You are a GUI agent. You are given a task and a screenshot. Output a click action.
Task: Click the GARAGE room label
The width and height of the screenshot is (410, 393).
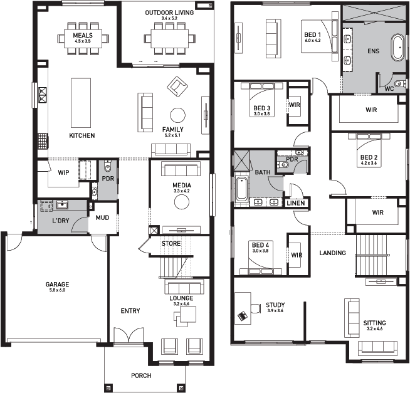(x=57, y=284)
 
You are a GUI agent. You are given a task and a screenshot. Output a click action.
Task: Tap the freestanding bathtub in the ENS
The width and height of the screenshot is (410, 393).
(x=397, y=48)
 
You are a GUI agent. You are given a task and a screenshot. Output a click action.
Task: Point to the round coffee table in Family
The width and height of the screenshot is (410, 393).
(x=178, y=115)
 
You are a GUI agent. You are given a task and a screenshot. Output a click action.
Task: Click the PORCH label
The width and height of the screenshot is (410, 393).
(x=141, y=375)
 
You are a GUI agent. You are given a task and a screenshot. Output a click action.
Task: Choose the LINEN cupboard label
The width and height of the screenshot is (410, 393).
(x=296, y=203)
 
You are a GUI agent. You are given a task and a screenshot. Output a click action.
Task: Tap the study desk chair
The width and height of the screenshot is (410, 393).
(x=255, y=308)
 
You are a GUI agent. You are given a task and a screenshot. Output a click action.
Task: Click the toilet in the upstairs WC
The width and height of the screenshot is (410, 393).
(x=399, y=83)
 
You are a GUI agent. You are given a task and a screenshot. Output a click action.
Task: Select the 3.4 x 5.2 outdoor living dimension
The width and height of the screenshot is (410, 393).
(x=169, y=18)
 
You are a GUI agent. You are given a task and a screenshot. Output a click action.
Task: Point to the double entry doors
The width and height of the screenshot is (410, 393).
(x=129, y=335)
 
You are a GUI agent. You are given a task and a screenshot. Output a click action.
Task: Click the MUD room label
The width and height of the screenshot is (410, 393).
(x=102, y=217)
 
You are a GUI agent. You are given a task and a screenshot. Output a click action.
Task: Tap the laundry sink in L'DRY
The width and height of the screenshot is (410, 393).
(x=62, y=205)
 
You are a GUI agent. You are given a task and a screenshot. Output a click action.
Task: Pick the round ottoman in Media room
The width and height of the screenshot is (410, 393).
(x=182, y=202)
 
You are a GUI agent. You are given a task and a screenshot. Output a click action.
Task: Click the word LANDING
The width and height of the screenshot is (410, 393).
(x=333, y=253)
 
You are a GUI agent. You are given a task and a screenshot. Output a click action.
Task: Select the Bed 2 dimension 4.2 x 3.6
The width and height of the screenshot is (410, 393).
(x=369, y=163)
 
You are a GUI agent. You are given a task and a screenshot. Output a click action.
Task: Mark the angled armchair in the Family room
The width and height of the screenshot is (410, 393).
(x=177, y=86)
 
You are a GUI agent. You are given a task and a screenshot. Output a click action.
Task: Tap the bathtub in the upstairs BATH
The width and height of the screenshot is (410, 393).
(x=241, y=189)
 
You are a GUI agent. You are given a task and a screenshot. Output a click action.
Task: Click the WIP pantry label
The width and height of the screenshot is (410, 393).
(x=63, y=172)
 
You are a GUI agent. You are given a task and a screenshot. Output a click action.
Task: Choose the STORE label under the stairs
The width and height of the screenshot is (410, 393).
(x=171, y=244)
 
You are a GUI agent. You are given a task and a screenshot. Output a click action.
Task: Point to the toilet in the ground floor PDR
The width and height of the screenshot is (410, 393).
(x=107, y=165)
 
